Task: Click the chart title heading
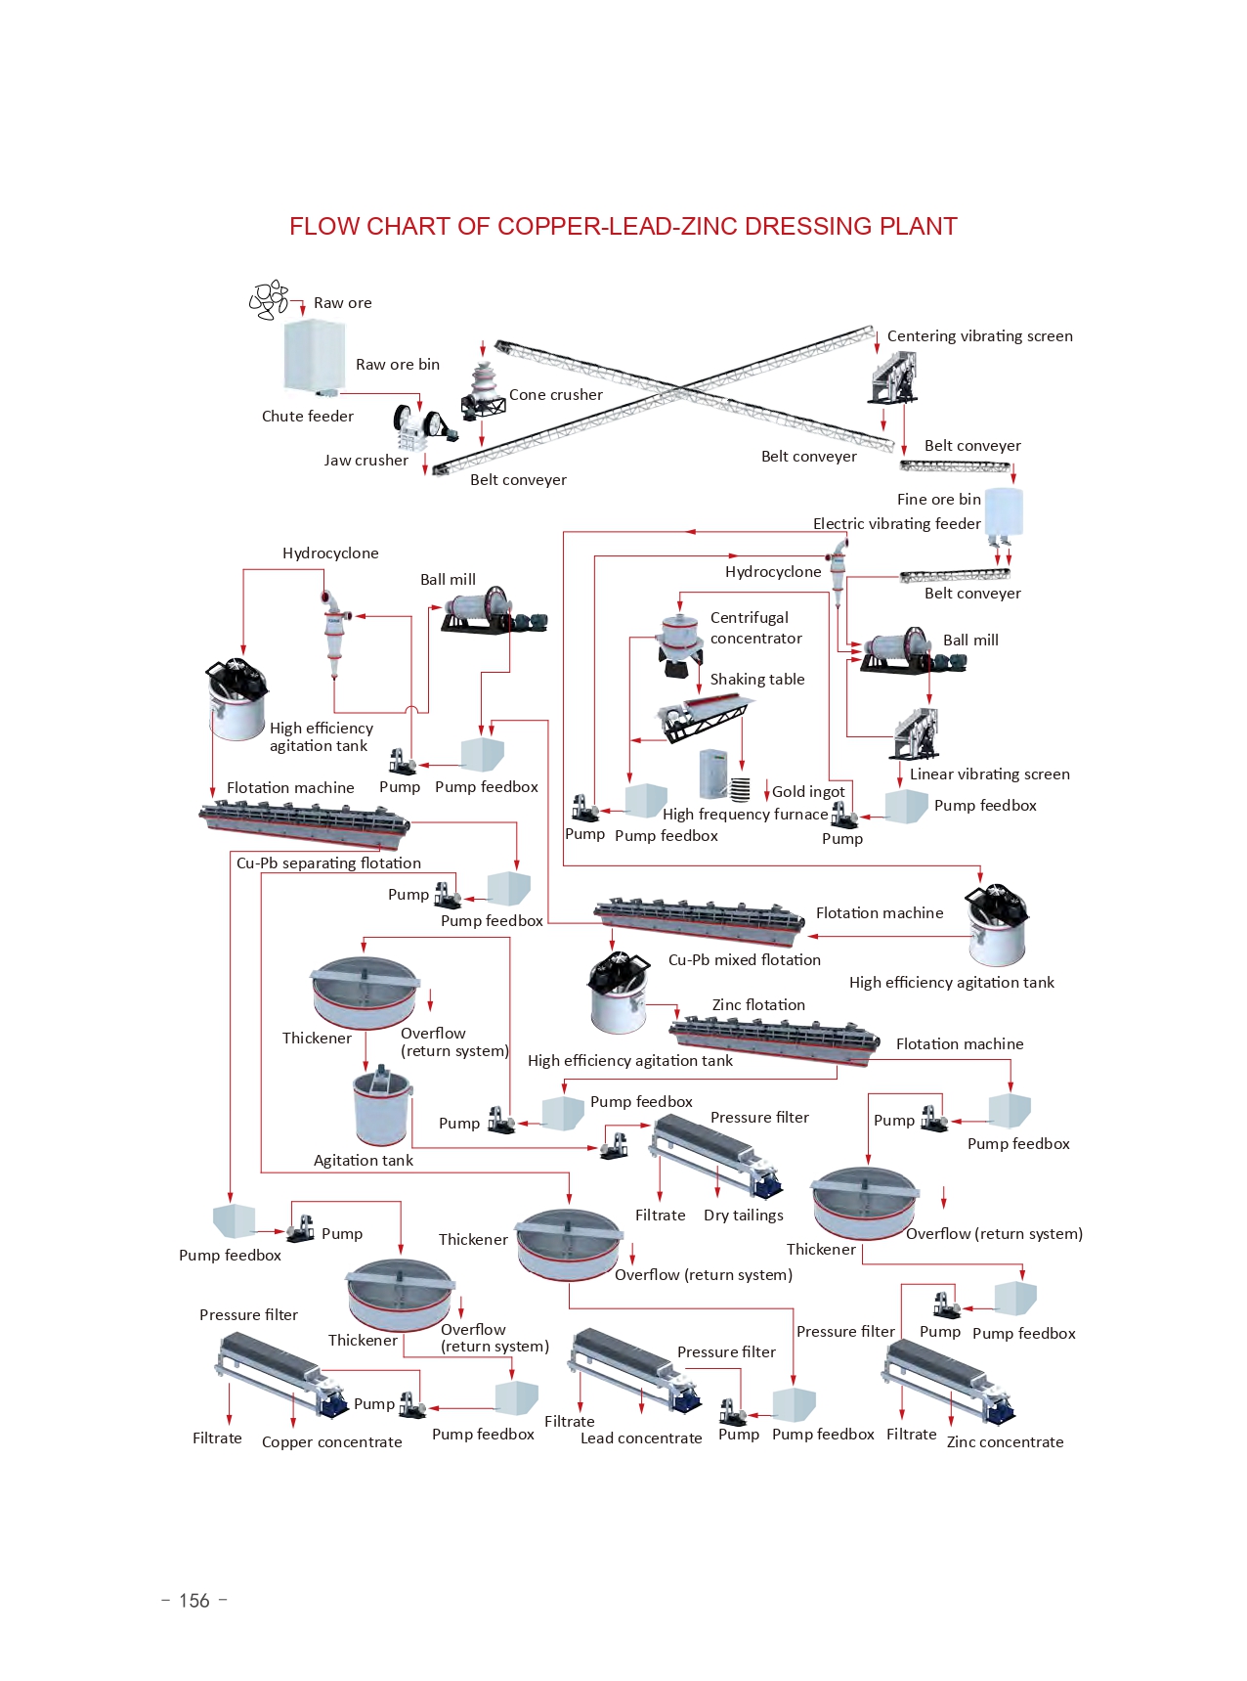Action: pyautogui.click(x=623, y=226)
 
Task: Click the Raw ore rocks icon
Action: pyautogui.click(x=269, y=300)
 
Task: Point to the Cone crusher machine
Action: pyautogui.click(x=483, y=390)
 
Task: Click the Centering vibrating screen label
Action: pyautogui.click(x=979, y=335)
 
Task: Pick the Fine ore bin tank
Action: pyautogui.click(x=1003, y=511)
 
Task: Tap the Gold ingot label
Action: pyautogui.click(x=807, y=791)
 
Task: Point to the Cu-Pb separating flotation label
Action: pyautogui.click(x=328, y=863)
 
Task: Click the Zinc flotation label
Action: pyautogui.click(x=758, y=1004)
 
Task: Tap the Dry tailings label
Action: pyautogui.click(x=743, y=1215)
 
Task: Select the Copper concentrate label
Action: pyautogui.click(x=331, y=1441)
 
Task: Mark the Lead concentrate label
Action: pyautogui.click(x=641, y=1438)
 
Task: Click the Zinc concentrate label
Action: pyautogui.click(x=1005, y=1441)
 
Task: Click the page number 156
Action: pyautogui.click(x=194, y=1601)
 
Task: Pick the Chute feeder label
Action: pyautogui.click(x=307, y=416)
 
